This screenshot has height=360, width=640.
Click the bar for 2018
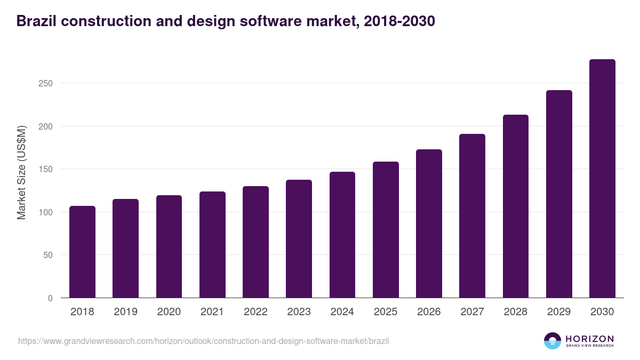click(82, 252)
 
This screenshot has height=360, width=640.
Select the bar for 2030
click(602, 179)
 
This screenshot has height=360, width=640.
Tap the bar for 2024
click(342, 235)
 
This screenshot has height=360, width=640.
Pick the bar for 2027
click(472, 216)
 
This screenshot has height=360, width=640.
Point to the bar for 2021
click(212, 245)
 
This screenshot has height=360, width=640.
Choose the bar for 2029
click(559, 194)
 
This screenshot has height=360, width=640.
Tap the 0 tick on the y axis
click(50, 298)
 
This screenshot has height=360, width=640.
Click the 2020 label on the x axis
click(169, 312)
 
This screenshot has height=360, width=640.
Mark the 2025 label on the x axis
click(386, 312)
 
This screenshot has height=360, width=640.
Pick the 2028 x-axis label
click(516, 312)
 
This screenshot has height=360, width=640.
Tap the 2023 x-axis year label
click(299, 312)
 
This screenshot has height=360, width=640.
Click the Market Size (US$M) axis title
click(21, 172)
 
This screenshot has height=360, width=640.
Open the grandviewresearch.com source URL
click(203, 341)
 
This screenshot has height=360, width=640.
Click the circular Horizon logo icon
click(553, 341)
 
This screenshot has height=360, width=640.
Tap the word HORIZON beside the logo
click(589, 339)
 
